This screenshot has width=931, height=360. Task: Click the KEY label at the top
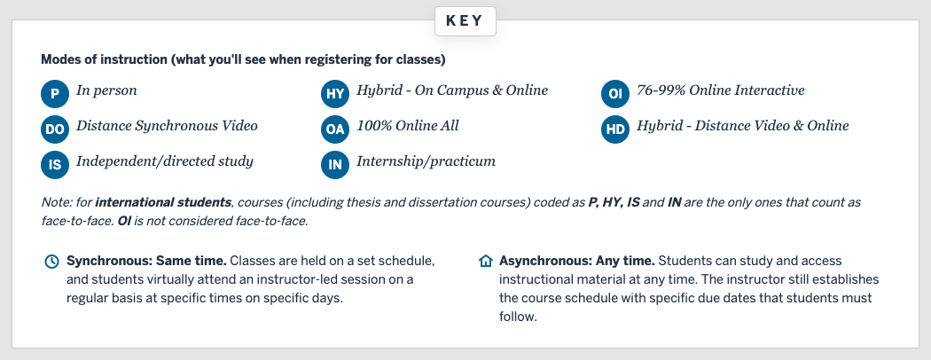(465, 21)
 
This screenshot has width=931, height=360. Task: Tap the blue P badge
(55, 93)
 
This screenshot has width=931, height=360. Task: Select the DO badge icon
(55, 129)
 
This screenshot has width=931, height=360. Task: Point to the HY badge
(335, 93)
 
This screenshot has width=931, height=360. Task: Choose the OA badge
(335, 129)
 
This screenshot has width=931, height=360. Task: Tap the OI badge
(614, 93)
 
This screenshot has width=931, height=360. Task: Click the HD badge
(614, 129)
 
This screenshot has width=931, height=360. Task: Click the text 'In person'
(106, 90)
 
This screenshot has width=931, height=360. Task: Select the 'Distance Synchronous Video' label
(167, 126)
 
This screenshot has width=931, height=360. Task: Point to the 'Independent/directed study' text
(165, 161)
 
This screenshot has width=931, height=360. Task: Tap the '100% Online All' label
(408, 126)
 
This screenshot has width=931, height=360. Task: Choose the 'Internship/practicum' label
(426, 161)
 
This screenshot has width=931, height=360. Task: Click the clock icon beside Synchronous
(51, 262)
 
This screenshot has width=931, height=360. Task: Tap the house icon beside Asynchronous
(485, 262)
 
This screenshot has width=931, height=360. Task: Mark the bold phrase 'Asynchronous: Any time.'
(576, 261)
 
